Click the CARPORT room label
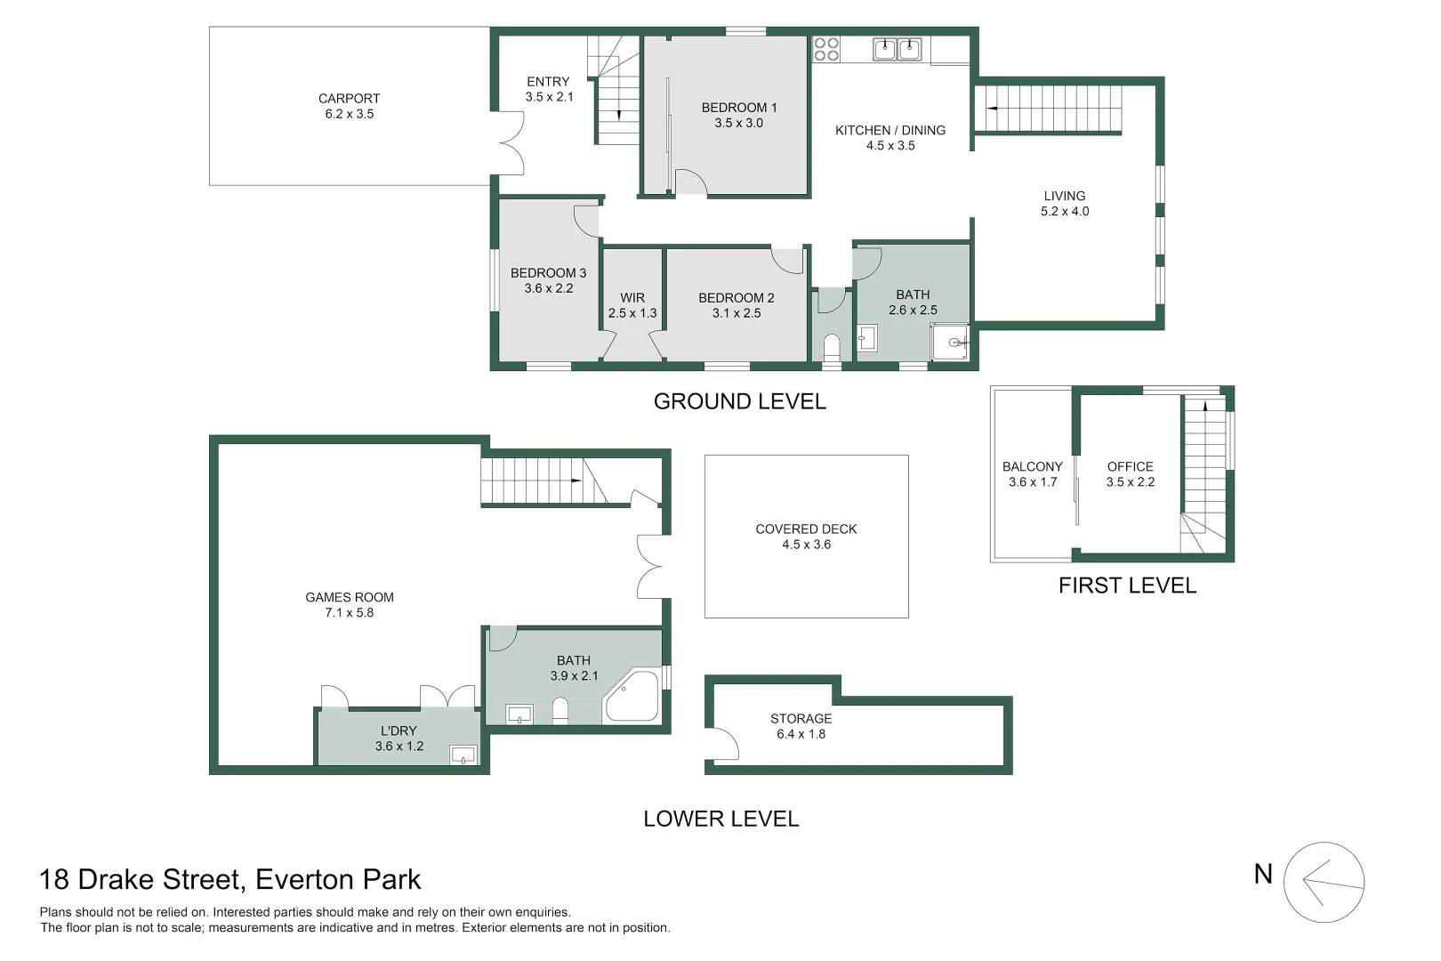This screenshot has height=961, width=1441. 349,99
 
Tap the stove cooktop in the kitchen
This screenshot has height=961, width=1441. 826,49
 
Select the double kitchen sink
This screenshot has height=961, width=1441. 896,49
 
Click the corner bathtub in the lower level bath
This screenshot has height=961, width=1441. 632,697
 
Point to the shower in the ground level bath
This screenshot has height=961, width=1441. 950,343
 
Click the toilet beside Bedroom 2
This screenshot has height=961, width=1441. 832,344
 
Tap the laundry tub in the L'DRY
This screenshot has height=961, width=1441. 463,755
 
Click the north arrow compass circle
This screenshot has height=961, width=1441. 1324,882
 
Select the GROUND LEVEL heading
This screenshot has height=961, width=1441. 739,401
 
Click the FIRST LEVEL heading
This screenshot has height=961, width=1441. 1127,585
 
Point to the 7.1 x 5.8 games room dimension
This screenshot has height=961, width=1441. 349,613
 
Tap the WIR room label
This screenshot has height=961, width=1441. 632,298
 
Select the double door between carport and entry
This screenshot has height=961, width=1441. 510,142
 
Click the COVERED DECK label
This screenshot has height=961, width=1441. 806,529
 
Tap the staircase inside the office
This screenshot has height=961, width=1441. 1204,472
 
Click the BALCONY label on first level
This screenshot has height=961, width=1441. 1032,466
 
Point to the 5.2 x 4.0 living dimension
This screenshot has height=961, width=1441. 1065,212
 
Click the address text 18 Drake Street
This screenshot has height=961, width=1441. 229,880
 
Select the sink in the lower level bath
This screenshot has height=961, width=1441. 519,714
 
